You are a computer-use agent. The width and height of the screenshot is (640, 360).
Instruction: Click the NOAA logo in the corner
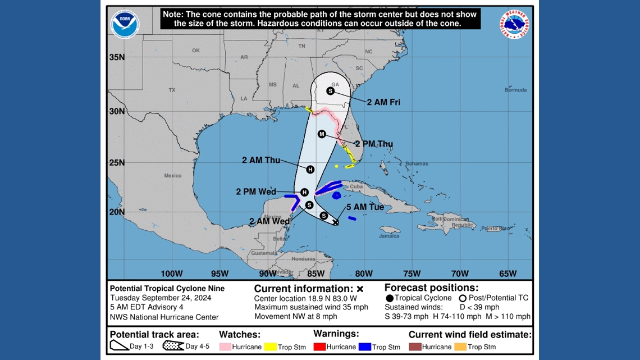tap(125, 25)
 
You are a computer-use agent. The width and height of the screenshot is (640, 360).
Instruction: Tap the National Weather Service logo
tap(514, 25)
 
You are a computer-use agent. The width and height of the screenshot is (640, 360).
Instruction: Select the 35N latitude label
tap(117, 57)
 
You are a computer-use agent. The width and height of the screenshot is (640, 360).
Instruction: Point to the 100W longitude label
tap(171, 274)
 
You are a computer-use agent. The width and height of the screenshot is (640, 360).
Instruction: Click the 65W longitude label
tap(508, 274)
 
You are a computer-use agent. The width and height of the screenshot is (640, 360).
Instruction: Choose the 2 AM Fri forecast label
tap(383, 102)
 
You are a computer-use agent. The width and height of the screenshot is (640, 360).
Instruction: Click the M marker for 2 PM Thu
tap(322, 134)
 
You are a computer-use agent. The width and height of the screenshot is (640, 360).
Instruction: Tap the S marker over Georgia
tap(330, 91)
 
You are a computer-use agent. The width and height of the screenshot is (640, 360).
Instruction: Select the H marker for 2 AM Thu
tap(310, 169)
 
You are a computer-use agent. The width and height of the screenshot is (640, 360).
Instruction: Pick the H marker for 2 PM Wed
tap(304, 192)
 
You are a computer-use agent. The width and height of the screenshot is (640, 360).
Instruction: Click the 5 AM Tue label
tap(365, 207)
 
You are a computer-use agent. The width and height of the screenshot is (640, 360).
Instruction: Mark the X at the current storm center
tap(336, 222)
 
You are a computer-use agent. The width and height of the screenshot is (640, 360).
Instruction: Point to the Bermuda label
tap(515, 90)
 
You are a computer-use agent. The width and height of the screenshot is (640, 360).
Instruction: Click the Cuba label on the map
tap(356, 186)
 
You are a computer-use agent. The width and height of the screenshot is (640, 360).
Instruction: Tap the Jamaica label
tap(389, 236)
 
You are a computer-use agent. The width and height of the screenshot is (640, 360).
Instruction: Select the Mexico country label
tap(173, 176)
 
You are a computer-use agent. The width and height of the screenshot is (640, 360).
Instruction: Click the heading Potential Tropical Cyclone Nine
tap(167, 288)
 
